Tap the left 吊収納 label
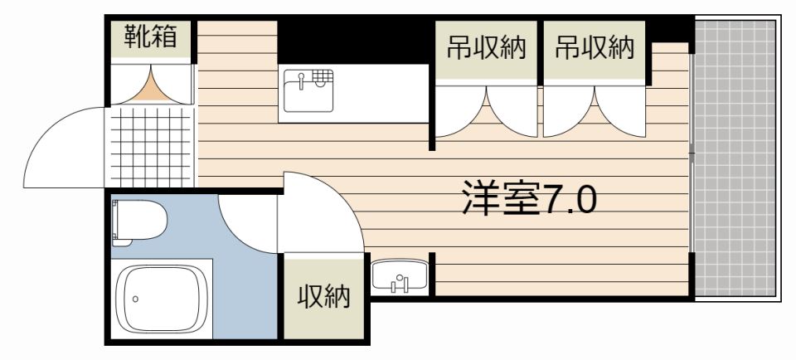(488, 48)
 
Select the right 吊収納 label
(594, 48)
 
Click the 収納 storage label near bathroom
(323, 296)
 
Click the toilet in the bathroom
(138, 221)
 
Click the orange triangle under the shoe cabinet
(151, 87)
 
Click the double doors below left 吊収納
(487, 112)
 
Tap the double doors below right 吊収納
(594, 112)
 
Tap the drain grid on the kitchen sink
(324, 80)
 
